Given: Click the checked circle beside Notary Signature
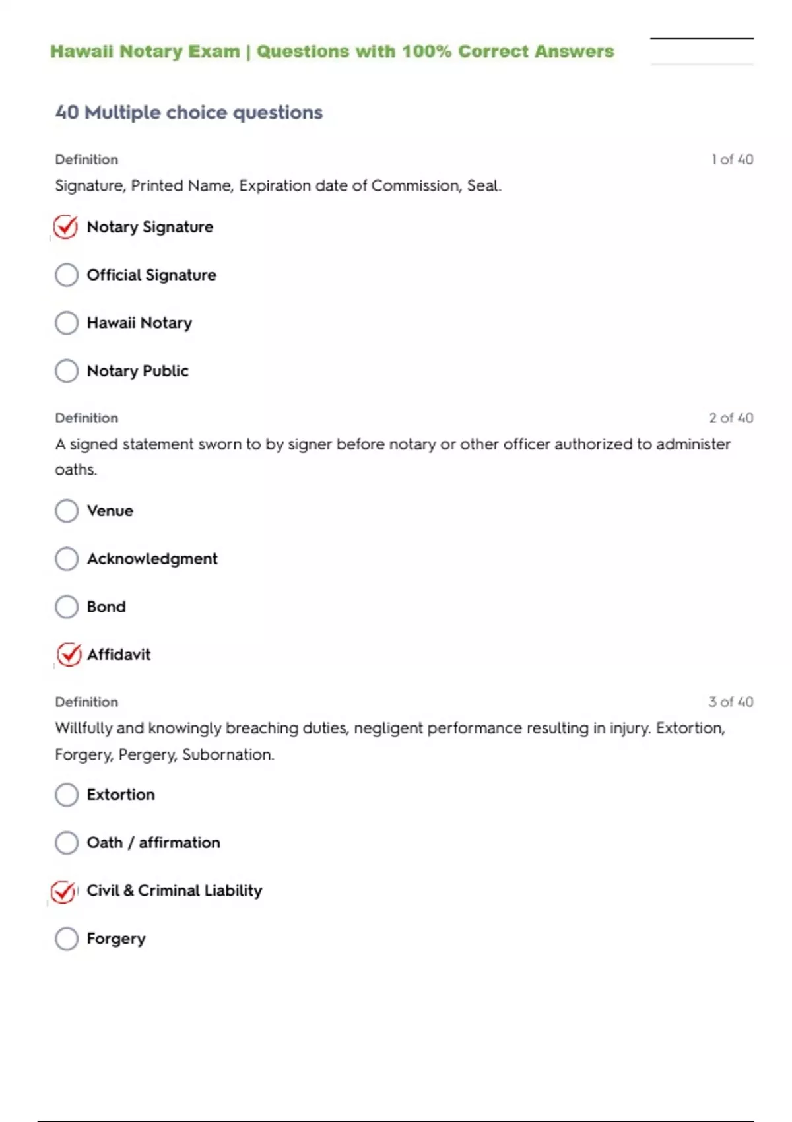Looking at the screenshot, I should (x=66, y=227).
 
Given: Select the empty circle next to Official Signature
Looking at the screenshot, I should (x=67, y=275).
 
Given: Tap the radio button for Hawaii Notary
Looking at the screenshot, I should (x=67, y=323).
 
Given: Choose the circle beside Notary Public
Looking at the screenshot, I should (x=67, y=371).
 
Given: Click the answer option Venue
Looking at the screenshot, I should (x=110, y=511).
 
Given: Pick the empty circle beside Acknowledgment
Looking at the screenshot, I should (x=67, y=559).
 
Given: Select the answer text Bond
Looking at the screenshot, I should (x=106, y=607).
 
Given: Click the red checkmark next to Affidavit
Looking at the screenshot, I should (x=69, y=655).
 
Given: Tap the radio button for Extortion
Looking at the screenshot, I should (x=67, y=795).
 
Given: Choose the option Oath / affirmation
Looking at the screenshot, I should (x=153, y=843).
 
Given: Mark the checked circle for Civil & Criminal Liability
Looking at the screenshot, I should (x=63, y=892).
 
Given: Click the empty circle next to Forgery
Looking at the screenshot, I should (x=67, y=939).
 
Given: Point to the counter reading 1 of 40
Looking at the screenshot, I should (x=732, y=160).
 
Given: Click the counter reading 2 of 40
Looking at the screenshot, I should (x=731, y=418).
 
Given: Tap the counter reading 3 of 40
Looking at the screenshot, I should (x=731, y=702).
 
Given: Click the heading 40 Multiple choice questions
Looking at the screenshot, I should (x=189, y=112).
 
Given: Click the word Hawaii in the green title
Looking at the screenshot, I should (x=82, y=51).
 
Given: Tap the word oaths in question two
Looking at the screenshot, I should (x=75, y=470).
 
